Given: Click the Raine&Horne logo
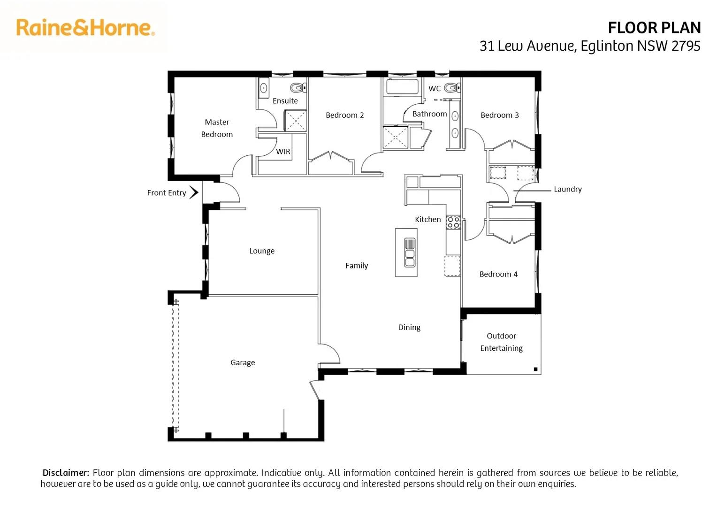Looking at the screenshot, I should [x=85, y=28].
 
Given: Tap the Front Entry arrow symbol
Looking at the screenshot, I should [x=193, y=192].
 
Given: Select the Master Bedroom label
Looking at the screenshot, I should [x=217, y=128].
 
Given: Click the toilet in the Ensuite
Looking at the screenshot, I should [x=297, y=88].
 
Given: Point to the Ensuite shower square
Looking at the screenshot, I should [x=296, y=121].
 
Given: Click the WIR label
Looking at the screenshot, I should [x=283, y=152].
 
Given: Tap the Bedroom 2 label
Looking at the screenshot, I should [x=344, y=115].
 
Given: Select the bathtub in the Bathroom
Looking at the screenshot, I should [x=402, y=87].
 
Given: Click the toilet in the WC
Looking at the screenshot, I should [x=452, y=87].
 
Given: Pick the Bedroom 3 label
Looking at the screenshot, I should [x=499, y=115].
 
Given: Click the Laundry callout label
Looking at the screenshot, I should [x=567, y=189].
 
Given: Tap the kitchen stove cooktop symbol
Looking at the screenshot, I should [x=453, y=223].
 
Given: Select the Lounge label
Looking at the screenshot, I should [x=262, y=251].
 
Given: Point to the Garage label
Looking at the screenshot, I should [x=243, y=362].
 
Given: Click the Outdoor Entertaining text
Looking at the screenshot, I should [x=501, y=342].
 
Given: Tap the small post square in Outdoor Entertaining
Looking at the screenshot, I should [x=535, y=369].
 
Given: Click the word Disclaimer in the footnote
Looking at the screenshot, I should [x=66, y=473].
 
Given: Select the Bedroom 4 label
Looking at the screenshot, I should [x=498, y=274].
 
